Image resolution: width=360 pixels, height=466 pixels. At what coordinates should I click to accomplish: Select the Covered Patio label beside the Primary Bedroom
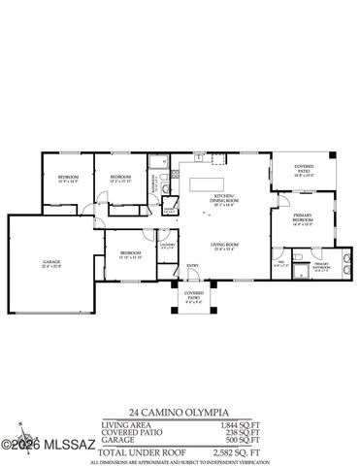(x=303, y=172)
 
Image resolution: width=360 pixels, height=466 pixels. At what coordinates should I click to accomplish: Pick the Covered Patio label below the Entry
(x=195, y=297)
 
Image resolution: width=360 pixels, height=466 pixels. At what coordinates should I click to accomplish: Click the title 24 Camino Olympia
(x=180, y=411)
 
